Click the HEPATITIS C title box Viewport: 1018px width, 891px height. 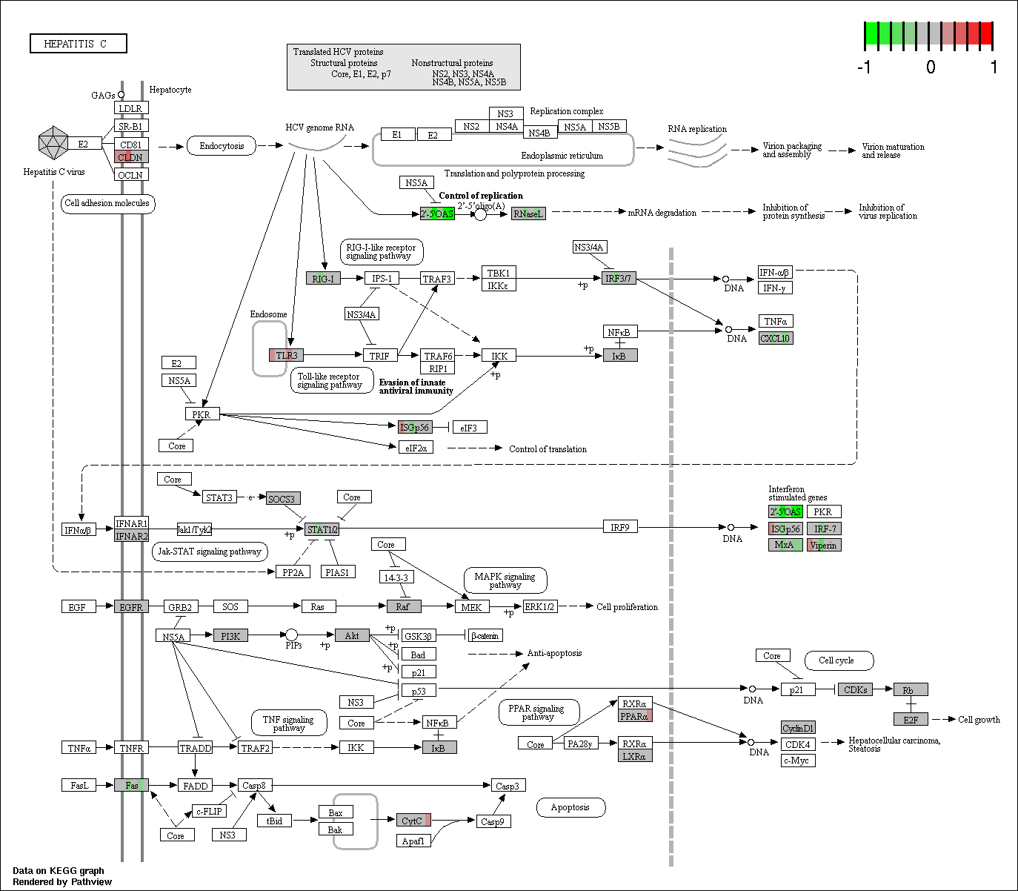click(x=78, y=43)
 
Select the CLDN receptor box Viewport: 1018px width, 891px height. click(x=131, y=157)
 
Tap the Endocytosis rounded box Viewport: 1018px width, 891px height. click(x=222, y=146)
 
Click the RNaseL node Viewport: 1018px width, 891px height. click(x=528, y=213)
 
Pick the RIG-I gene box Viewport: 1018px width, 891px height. click(x=324, y=278)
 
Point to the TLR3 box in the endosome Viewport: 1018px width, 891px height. click(x=286, y=355)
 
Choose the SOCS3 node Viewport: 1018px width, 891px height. click(x=283, y=498)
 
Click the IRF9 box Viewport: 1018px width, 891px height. click(x=620, y=526)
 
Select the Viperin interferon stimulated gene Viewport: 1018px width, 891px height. click(x=825, y=545)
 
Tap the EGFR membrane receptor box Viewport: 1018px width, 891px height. click(x=131, y=607)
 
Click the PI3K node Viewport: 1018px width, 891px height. click(x=231, y=636)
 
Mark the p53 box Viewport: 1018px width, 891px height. click(x=419, y=690)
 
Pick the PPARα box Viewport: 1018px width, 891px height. click(x=635, y=716)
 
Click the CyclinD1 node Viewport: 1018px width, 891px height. click(x=798, y=728)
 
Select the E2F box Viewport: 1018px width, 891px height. click(x=911, y=719)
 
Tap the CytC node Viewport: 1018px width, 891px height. click(x=413, y=821)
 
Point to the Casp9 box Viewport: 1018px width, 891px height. click(x=493, y=821)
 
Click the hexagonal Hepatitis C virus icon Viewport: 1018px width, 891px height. click(x=53, y=143)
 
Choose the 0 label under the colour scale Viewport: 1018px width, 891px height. click(x=931, y=67)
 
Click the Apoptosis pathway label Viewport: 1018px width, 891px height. click(x=570, y=807)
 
